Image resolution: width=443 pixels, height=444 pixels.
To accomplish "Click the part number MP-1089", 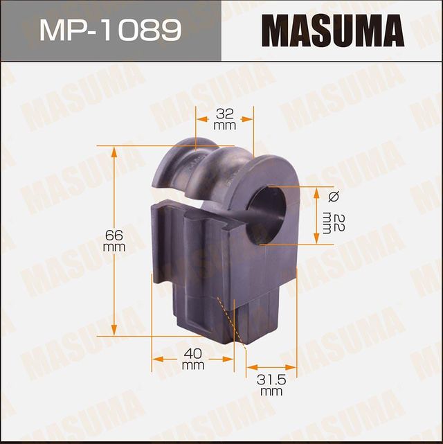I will coord(110,30).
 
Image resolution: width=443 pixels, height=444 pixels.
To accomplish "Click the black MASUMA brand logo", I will coord(332,30).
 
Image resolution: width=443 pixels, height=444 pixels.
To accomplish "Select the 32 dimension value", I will coord(224,113).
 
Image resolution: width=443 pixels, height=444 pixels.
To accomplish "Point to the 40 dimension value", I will coord(192,353).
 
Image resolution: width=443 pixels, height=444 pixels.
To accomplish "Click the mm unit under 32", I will coord(224,126).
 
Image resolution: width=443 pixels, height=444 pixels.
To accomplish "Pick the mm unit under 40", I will coord(192,365).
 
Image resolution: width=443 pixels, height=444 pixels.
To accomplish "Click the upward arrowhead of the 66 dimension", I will coord(114,150).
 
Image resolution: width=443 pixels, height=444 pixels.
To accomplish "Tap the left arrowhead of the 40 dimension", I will coord(156,359).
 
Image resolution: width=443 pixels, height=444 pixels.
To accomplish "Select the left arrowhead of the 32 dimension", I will coord(200,119).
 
